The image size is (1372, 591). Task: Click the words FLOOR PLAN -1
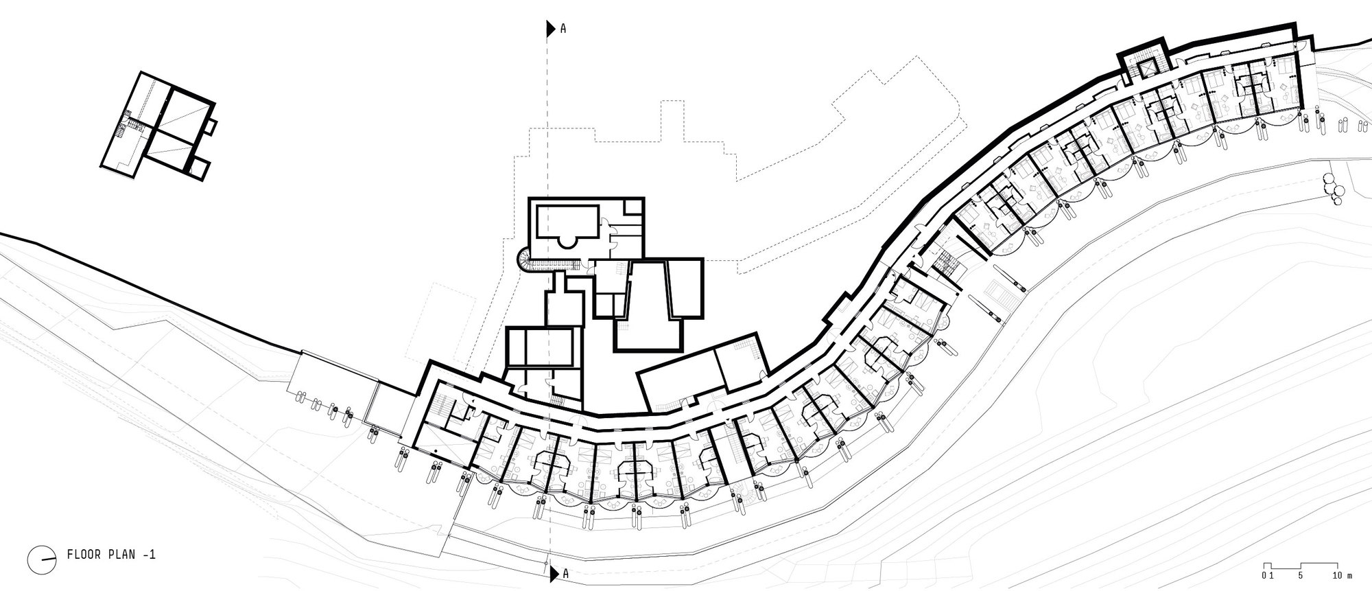112,555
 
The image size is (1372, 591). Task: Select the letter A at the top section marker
563,29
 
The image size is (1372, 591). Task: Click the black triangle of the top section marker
550,29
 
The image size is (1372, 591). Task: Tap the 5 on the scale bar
1301,574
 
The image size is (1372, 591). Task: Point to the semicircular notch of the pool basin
567,240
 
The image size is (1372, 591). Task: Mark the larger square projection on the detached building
198,169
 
